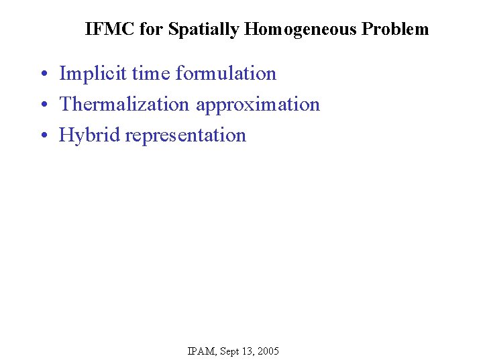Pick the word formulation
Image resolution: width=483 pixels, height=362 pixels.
pos(226,73)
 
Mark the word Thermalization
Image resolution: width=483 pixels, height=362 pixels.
pos(125,104)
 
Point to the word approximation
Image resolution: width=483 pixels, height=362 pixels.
pos(258,105)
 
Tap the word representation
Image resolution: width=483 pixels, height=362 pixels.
pos(186,135)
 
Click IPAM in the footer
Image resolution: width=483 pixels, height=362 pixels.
pos(201,351)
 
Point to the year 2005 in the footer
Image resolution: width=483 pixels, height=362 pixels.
pos(268,351)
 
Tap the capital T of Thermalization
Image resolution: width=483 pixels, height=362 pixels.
pos(65,104)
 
